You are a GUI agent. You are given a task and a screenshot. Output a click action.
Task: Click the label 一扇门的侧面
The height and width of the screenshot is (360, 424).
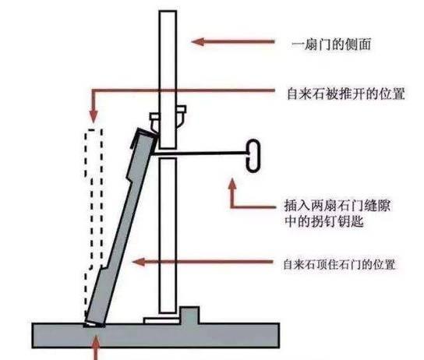pyautogui.click(x=331, y=44)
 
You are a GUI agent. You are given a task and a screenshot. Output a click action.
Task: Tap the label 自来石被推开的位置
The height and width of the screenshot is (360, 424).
pyautogui.click(x=346, y=94)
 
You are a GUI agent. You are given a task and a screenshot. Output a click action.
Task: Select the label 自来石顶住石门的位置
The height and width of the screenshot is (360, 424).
pyautogui.click(x=339, y=264)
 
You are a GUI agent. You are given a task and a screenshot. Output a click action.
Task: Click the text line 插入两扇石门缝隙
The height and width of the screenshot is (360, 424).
pyautogui.click(x=337, y=206)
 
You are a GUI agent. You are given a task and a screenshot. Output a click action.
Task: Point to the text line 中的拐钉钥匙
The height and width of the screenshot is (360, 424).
pyautogui.click(x=324, y=221)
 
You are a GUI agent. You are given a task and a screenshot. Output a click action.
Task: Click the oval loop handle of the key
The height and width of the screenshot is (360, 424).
pyautogui.click(x=253, y=155)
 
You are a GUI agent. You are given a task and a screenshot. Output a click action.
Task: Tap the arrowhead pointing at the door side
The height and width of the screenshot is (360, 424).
pyautogui.click(x=197, y=42)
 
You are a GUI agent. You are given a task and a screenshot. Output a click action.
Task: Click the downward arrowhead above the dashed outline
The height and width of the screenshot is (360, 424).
pyautogui.click(x=94, y=117)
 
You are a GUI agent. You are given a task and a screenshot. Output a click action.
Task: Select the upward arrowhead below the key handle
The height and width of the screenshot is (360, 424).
pyautogui.click(x=232, y=184)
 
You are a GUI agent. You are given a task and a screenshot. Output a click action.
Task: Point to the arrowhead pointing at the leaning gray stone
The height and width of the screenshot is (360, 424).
pyautogui.click(x=139, y=262)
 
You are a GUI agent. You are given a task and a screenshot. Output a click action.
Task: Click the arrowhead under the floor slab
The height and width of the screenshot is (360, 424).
pyautogui.click(x=97, y=341)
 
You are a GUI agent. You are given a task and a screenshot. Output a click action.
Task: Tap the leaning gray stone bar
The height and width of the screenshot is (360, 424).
pyautogui.click(x=122, y=227)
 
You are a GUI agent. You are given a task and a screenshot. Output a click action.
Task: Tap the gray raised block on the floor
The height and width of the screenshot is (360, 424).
pyautogui.click(x=190, y=316)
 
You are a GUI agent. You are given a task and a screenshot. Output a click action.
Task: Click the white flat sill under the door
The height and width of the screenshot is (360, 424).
pyautogui.click(x=161, y=321)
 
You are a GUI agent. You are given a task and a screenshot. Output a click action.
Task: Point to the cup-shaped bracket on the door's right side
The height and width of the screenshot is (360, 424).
pyautogui.click(x=181, y=116)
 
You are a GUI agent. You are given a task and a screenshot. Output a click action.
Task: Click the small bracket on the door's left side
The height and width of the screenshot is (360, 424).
pyautogui.click(x=154, y=122)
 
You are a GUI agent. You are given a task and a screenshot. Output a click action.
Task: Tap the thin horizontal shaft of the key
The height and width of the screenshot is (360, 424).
pyautogui.click(x=200, y=154)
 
